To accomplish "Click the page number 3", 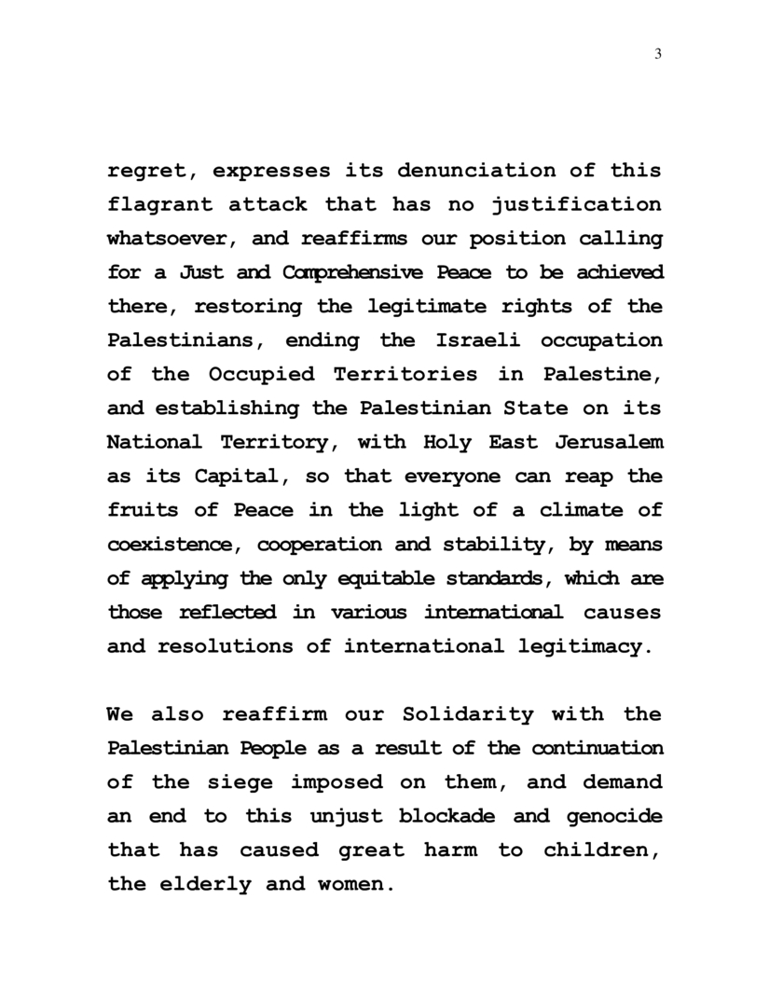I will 658,53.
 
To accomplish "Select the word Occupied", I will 267,374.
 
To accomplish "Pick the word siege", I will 252,782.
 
